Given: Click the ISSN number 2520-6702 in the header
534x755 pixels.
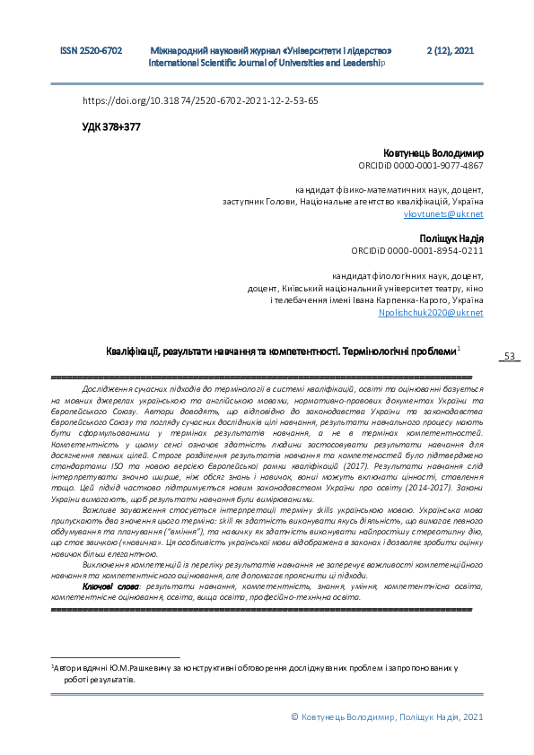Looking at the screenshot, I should click(x=91, y=53).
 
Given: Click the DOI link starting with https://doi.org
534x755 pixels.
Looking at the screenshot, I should click(x=200, y=101).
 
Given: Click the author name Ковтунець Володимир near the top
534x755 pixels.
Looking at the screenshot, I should click(x=433, y=154).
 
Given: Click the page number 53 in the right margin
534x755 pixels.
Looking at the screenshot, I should click(x=509, y=357).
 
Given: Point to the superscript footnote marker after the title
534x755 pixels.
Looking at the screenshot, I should click(x=459, y=348).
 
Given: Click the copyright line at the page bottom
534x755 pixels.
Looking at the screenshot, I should click(x=388, y=717).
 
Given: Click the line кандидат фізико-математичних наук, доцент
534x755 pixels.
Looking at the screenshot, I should click(x=390, y=190).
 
